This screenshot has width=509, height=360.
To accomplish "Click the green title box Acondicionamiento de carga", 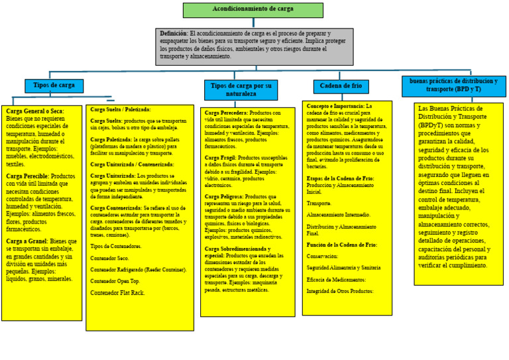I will point(253,10).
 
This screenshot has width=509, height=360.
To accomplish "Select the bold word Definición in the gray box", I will point(174,33).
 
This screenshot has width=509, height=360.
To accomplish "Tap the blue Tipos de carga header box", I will point(54,86).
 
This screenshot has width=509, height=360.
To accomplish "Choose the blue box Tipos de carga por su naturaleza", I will point(241,90).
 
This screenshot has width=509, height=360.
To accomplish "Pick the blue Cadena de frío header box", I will point(341,86).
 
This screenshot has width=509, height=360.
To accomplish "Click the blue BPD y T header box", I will point(453,86).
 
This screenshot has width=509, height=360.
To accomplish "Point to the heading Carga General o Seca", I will point(34,111).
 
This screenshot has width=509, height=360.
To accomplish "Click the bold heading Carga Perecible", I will point(28,176).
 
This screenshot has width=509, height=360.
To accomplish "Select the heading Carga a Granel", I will point(27,241).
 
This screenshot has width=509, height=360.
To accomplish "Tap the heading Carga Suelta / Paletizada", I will point(121,109).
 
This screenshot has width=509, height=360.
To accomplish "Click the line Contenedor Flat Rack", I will point(117,292).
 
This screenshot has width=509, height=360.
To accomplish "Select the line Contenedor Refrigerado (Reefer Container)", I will point(139,270).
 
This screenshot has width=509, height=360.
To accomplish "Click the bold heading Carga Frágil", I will point(221,158).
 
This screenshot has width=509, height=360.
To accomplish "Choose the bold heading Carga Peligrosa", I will point(224,197).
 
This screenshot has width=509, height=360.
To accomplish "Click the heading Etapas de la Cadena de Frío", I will point(340,178).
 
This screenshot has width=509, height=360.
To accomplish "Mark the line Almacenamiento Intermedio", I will point(338,215).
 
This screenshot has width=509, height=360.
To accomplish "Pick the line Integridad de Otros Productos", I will point(340,291).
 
